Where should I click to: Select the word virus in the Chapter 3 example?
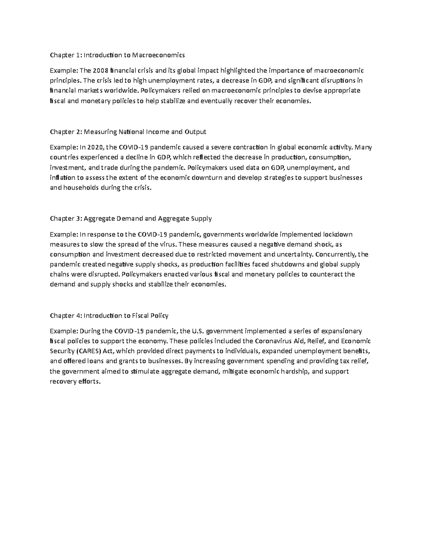(169, 244)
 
